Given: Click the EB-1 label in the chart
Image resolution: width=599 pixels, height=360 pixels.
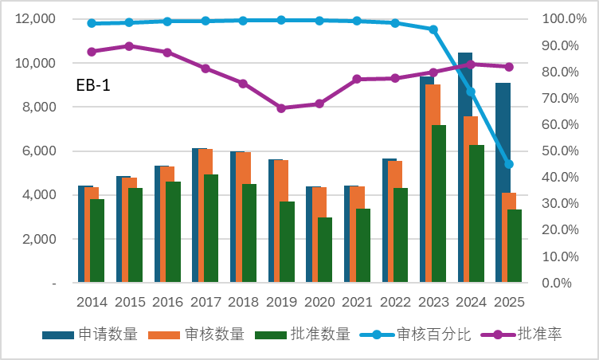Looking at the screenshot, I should click(x=93, y=85).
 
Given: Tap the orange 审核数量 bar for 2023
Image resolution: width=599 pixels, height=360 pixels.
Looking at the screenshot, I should click(x=433, y=183).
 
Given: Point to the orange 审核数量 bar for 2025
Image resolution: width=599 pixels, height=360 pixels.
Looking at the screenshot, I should click(x=508, y=237).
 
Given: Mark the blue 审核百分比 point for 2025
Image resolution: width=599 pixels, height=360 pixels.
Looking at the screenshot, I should click(x=509, y=164).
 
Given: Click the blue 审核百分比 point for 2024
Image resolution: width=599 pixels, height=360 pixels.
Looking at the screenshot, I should click(x=471, y=92).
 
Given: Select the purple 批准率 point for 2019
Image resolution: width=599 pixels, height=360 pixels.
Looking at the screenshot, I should click(x=281, y=108).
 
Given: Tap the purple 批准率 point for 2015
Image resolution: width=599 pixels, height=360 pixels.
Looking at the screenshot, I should click(x=129, y=46).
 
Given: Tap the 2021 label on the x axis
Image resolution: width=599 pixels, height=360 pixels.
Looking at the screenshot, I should click(x=357, y=302).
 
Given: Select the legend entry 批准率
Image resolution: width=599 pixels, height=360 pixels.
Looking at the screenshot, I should click(x=539, y=335).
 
